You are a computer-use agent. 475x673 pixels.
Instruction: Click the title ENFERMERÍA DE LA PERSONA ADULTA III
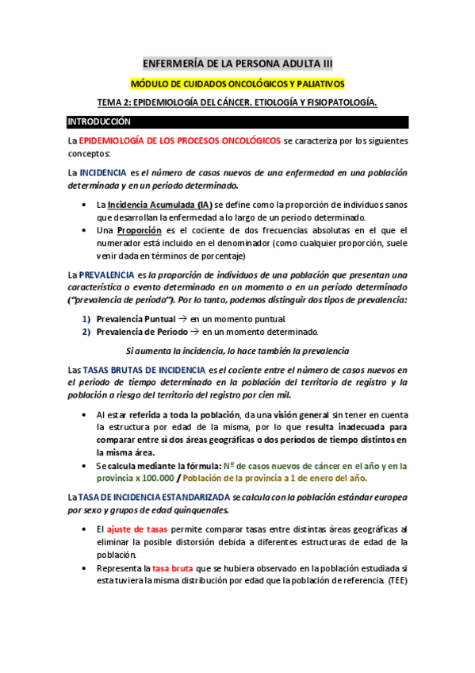(238, 63)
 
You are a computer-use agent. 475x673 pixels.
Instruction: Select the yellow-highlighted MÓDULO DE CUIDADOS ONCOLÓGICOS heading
(238, 83)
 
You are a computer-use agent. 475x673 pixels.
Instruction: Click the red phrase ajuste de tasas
(132, 529)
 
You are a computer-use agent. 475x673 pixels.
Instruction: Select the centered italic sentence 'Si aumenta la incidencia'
(238, 351)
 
